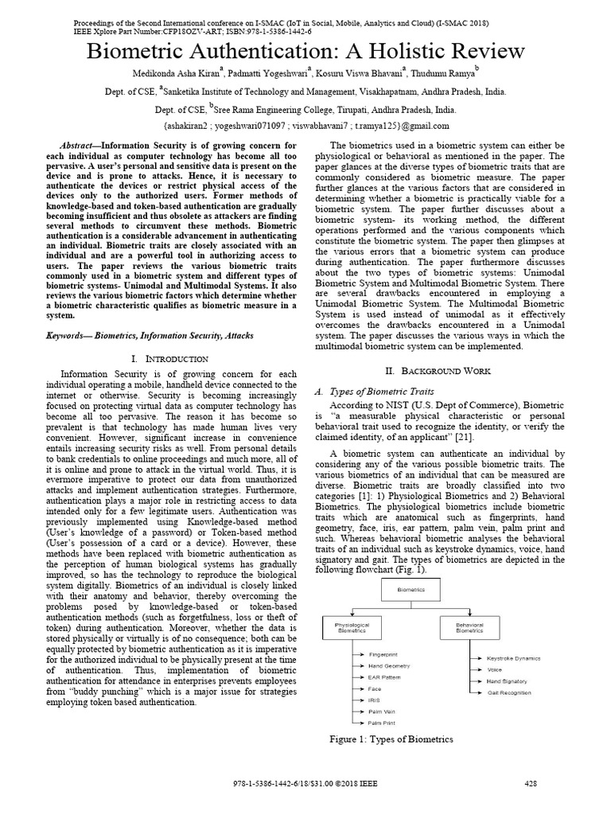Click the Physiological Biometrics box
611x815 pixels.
click(x=352, y=629)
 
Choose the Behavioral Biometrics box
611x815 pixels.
click(x=469, y=629)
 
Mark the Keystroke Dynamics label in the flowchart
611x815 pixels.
click(x=513, y=659)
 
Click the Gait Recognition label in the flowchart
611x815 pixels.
click(x=508, y=692)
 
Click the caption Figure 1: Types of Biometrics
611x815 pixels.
click(x=391, y=739)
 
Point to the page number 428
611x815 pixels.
click(x=531, y=783)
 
